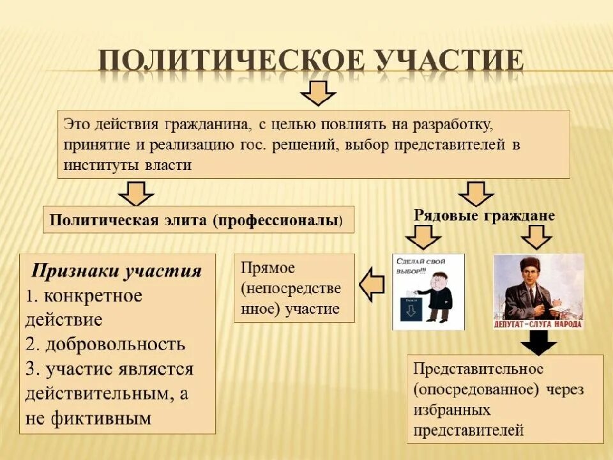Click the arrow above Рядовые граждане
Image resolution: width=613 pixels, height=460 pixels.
point(476,193)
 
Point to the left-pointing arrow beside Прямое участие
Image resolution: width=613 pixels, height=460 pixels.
point(372,284)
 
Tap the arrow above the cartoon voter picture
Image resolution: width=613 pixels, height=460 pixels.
point(423,238)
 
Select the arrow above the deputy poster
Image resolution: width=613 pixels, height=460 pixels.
point(536,238)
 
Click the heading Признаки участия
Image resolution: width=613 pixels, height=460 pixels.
point(117,271)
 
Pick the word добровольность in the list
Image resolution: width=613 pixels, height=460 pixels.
point(115,344)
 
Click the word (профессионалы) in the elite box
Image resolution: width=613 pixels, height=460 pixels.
point(279,220)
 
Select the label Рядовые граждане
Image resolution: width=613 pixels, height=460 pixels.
point(484,215)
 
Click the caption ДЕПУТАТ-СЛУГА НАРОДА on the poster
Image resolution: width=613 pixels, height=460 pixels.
point(538,324)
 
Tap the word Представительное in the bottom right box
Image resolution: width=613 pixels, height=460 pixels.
point(478,369)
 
